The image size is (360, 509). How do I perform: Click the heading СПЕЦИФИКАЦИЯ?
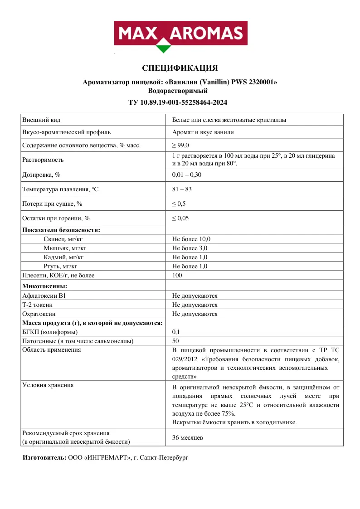click(x=180, y=68)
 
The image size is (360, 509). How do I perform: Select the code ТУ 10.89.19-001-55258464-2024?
click(x=180, y=102)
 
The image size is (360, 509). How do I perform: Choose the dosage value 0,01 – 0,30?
click(x=187, y=175)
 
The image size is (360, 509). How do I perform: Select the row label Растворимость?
click(x=43, y=160)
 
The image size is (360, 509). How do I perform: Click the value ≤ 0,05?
click(x=180, y=218)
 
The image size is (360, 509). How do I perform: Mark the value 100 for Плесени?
click(x=177, y=276)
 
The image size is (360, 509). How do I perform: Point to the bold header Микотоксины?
click(x=45, y=286)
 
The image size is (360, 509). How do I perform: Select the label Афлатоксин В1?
click(x=44, y=296)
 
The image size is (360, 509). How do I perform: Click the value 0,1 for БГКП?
click(x=176, y=332)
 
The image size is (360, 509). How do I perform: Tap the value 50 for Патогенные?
click(x=176, y=341)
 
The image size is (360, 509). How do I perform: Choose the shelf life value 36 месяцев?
click(x=188, y=438)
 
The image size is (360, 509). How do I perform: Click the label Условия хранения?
click(x=48, y=385)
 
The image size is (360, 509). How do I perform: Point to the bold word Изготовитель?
click(x=44, y=458)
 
